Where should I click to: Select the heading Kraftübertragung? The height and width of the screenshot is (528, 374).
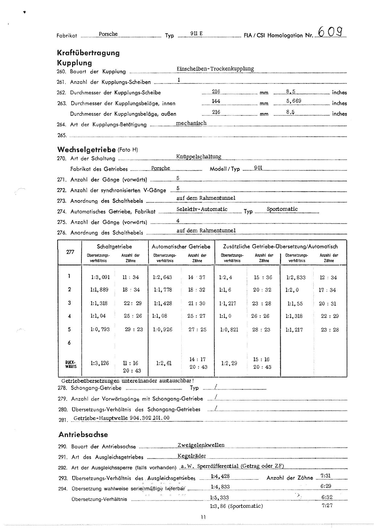tap(88, 53)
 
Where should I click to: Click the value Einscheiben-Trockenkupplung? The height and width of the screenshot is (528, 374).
tap(215, 69)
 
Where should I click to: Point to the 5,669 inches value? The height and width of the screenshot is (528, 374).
tap(294, 101)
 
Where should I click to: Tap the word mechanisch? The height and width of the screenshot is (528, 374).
tap(191, 123)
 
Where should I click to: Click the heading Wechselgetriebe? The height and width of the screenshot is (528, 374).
tap(86, 149)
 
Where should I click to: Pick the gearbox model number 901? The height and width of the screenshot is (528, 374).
tap(258, 168)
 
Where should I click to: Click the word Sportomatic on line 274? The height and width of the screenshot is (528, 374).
tap(282, 209)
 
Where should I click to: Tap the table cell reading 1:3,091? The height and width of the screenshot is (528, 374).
tap(100, 278)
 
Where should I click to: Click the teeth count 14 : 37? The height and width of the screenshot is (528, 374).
tap(196, 278)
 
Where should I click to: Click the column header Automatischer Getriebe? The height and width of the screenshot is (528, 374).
tap(181, 247)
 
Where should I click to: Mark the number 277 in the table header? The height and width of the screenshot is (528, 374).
tap(70, 252)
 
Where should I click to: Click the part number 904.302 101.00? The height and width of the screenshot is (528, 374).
tap(150, 418)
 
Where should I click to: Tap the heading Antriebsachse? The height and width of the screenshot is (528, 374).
tap(83, 435)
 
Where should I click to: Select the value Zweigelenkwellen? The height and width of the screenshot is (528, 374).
tap(201, 445)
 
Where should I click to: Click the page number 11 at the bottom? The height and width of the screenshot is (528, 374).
tap(203, 517)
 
